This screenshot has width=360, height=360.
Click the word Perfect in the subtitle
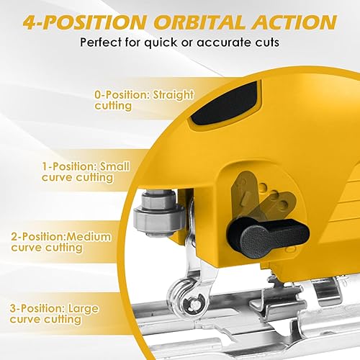click(x=102, y=42)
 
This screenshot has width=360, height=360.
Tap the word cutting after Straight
click(x=113, y=105)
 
